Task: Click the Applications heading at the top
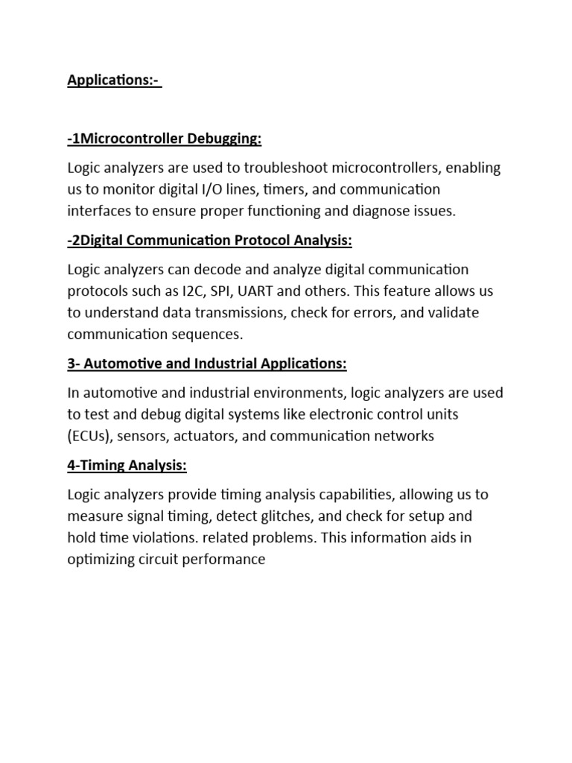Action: coord(113,80)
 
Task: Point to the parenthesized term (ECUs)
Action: coord(89,436)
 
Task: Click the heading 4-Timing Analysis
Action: coord(127,466)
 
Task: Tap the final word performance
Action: coord(225,559)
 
